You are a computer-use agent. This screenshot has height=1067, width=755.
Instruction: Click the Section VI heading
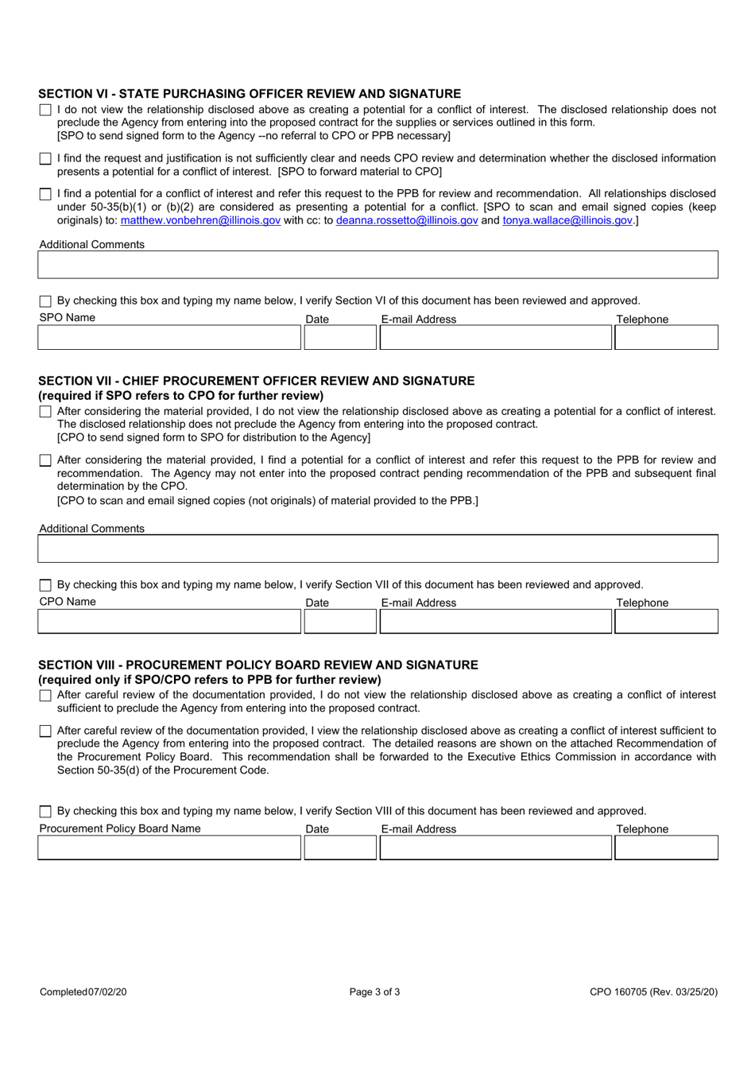point(250,94)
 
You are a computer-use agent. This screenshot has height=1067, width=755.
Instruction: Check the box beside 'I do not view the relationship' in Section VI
point(45,111)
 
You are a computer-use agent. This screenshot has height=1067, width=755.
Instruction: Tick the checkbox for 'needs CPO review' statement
point(45,159)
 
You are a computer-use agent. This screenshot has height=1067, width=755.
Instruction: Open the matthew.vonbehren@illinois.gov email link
point(200,220)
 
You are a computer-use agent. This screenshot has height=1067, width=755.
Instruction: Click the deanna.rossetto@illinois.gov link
point(407,220)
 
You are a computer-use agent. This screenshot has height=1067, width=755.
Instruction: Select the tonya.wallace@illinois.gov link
point(567,220)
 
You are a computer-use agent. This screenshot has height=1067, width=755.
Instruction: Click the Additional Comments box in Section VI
point(377,265)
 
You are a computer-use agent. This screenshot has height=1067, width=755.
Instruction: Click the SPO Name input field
point(169,338)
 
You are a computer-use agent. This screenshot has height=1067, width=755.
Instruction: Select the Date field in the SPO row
point(340,338)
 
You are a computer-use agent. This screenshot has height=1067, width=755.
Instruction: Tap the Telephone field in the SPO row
point(666,338)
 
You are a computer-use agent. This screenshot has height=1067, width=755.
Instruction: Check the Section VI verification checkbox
point(45,301)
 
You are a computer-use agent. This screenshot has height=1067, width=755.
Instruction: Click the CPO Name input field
point(169,622)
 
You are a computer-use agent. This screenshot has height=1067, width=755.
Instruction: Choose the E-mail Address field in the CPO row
point(495,622)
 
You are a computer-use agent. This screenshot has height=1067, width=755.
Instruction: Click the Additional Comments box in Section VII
point(377,549)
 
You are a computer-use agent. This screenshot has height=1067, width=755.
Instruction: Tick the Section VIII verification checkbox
point(45,812)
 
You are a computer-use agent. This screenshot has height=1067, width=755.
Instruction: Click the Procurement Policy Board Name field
point(169,848)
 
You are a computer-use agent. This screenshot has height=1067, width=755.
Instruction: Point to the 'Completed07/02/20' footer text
point(83,991)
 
